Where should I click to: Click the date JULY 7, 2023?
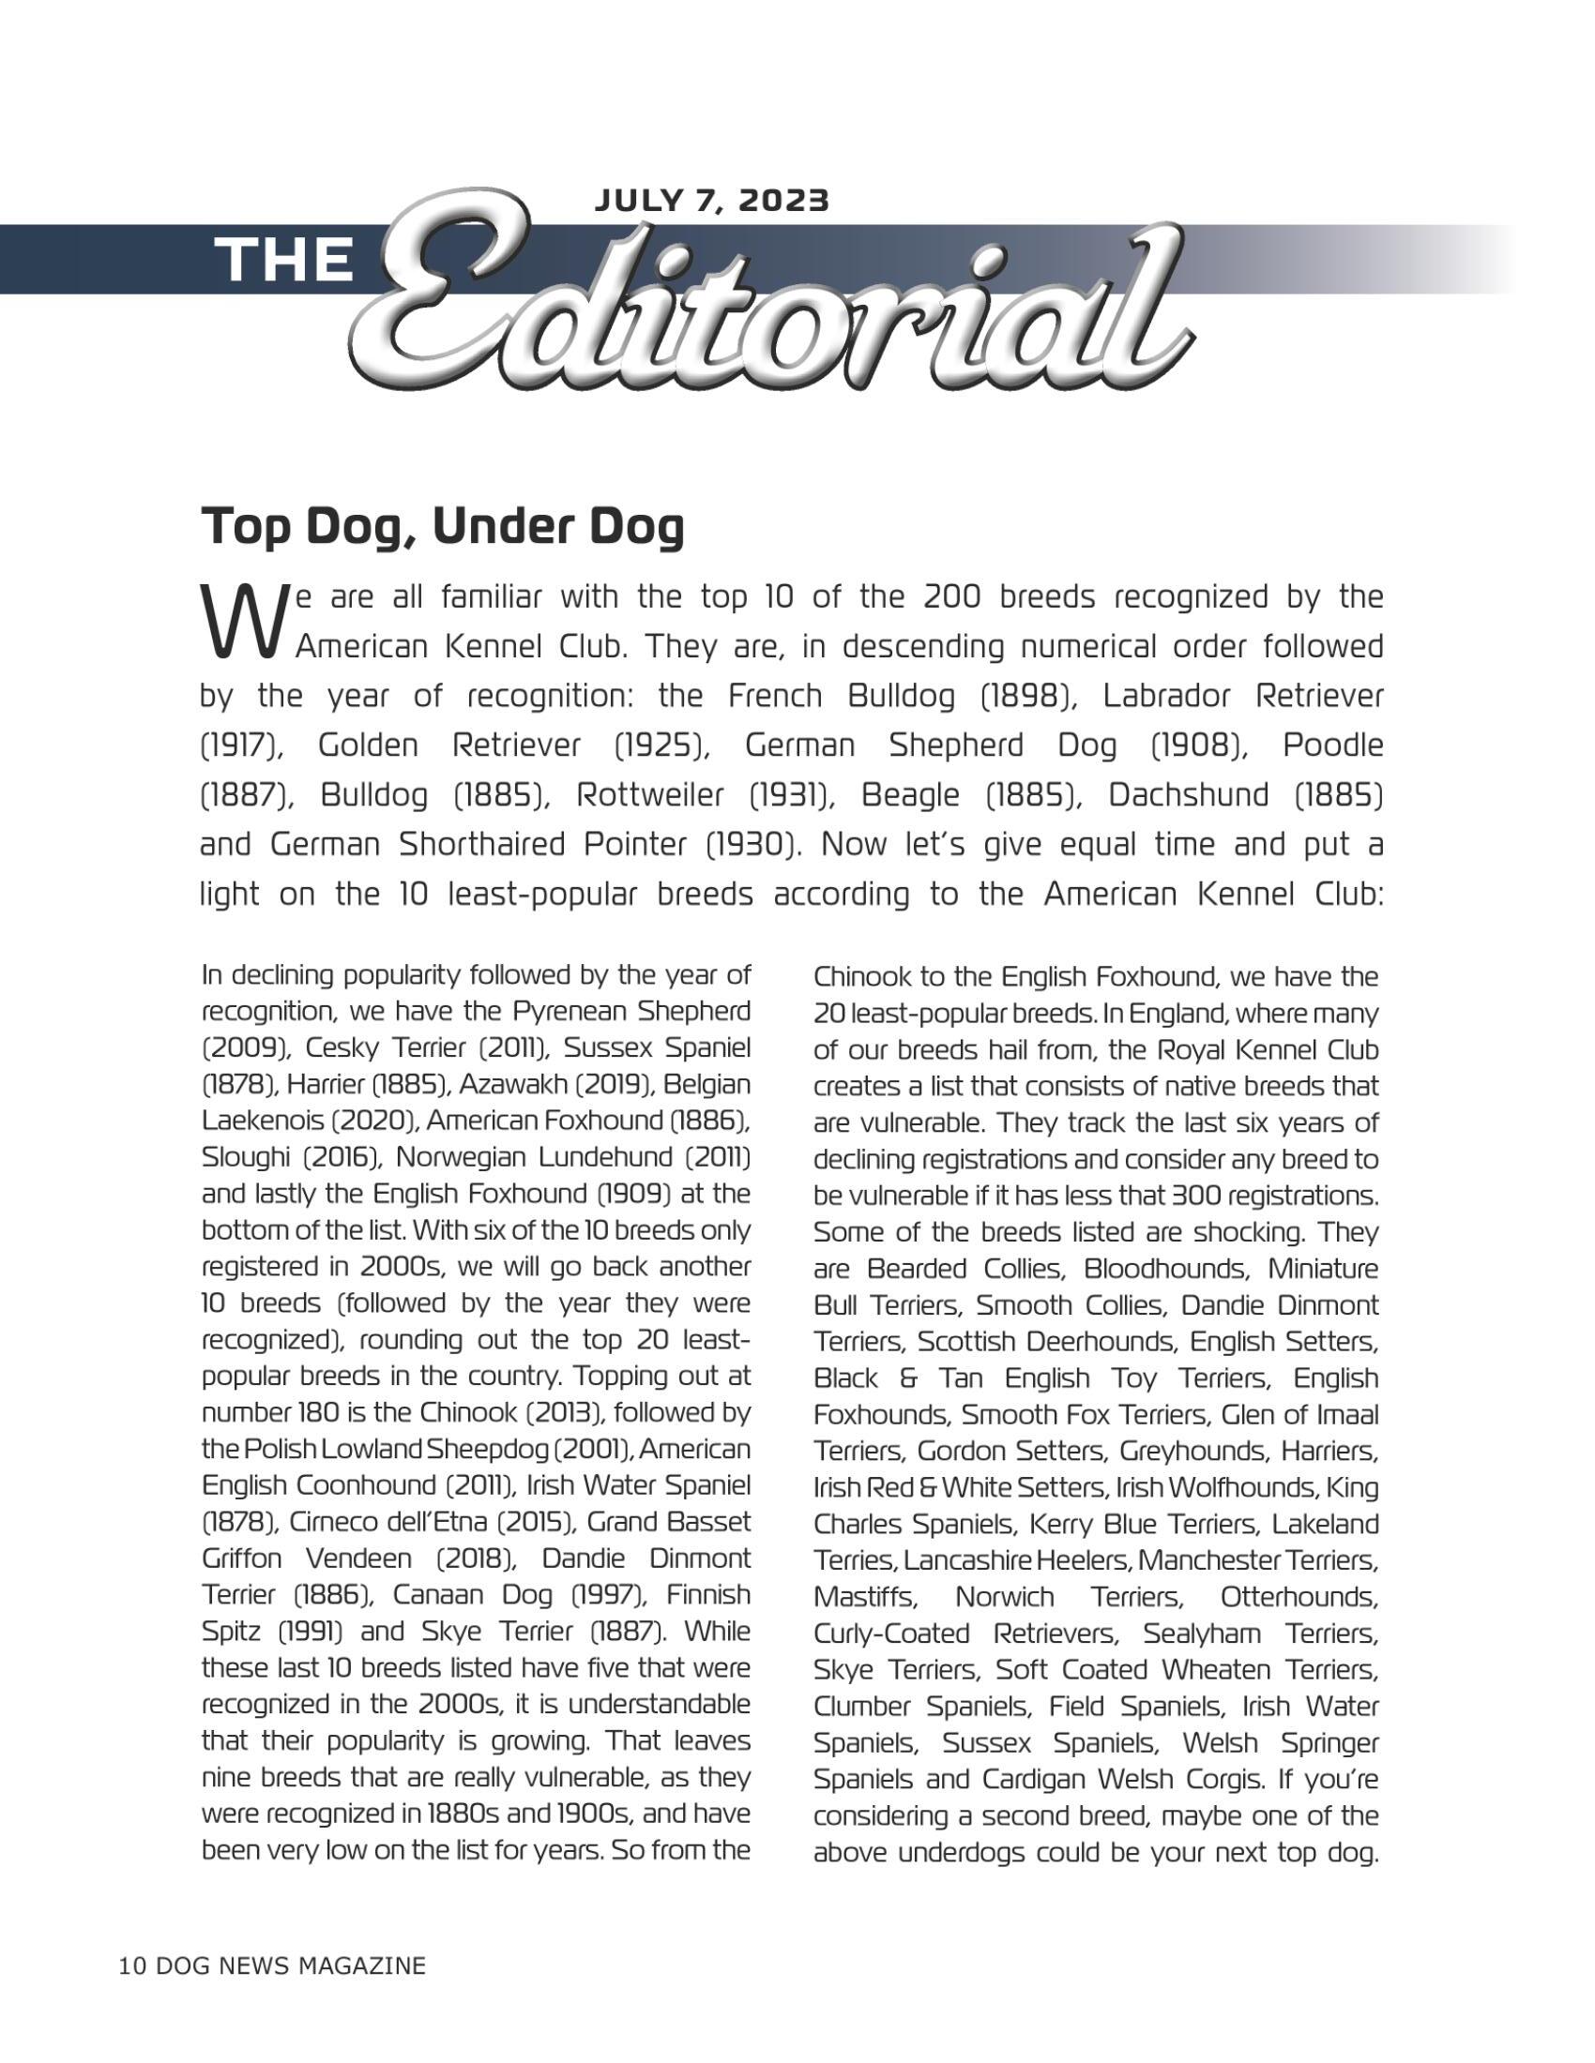[710, 201]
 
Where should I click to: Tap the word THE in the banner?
[284, 260]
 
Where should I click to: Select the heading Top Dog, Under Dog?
[441, 527]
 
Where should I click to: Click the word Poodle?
[1332, 745]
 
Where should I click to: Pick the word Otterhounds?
[1299, 1596]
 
